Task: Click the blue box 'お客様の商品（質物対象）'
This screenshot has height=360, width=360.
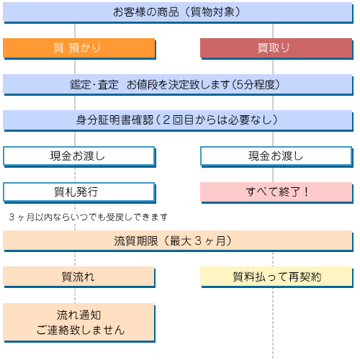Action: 178,12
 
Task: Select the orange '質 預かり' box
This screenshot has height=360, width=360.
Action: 79,48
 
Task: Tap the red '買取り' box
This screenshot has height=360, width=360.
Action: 276,48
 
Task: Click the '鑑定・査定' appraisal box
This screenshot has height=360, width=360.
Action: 178,85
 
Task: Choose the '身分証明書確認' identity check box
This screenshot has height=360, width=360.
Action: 178,121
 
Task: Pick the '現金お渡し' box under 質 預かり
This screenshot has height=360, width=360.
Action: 79,157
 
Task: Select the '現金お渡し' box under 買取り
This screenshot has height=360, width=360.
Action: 276,157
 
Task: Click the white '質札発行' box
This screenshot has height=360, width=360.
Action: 79,193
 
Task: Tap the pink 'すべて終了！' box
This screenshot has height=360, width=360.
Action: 276,193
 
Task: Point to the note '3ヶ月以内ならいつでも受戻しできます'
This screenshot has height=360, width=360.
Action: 88,217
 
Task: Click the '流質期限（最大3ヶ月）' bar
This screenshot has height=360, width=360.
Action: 178,241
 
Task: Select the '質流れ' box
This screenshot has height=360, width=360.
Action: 79,277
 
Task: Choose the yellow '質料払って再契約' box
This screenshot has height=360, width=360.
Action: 276,277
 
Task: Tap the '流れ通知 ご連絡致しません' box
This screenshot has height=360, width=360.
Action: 79,323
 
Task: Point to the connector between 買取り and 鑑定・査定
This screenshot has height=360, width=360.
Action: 273,67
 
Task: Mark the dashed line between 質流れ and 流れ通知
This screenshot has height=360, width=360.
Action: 75,295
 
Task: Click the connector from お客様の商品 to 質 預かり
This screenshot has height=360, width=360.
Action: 75,31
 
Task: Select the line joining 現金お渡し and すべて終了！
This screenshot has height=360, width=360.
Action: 273,175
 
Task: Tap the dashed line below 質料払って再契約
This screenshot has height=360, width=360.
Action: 273,323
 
